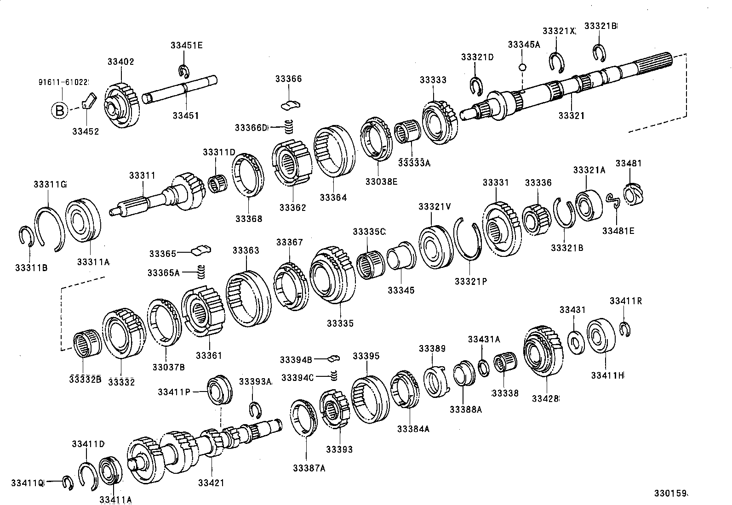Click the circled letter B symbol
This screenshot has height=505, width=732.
coord(59,111)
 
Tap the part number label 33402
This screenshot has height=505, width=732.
coord(121,62)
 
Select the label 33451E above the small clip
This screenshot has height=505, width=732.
coord(186,45)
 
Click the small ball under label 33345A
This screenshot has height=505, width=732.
coord(522,67)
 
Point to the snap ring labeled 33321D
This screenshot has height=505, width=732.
coord(475,85)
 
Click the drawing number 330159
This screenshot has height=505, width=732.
coord(671,494)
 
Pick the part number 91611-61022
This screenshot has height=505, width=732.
coord(63,82)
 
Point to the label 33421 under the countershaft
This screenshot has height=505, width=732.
coord(211,482)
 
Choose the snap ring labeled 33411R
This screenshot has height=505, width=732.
coord(624,329)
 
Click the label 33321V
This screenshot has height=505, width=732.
coord(435,207)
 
